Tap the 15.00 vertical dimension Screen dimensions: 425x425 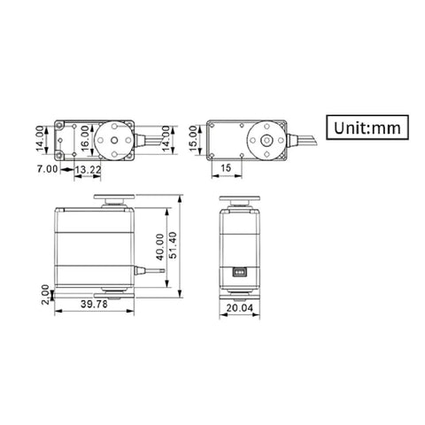tap(193, 138)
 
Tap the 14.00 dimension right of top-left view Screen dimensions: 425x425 tap(174, 138)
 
